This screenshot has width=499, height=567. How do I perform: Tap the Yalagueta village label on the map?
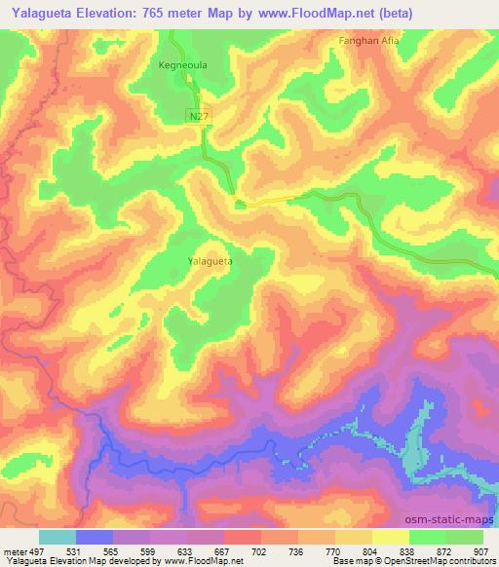pos(210,262)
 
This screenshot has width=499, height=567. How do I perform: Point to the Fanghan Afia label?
pos(368,41)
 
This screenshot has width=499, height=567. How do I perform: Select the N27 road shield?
pos(198,116)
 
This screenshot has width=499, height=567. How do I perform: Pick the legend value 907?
pos(481,551)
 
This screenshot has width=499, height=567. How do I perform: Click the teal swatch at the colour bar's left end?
pos(57,537)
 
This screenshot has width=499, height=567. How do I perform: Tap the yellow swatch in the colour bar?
pos(390,537)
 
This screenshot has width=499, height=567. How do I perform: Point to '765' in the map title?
pos(161,14)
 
